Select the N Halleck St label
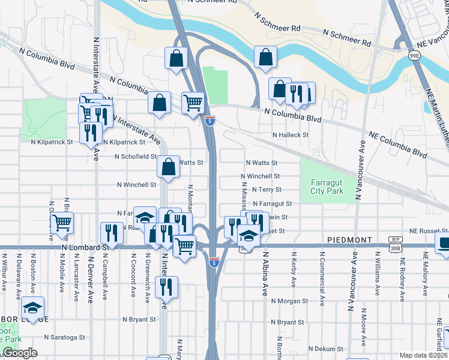point(291,136)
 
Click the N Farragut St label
point(272,204)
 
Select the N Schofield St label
point(136,157)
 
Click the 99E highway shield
point(414,56)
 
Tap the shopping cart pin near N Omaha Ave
point(62,223)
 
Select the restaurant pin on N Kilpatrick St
point(90,132)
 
